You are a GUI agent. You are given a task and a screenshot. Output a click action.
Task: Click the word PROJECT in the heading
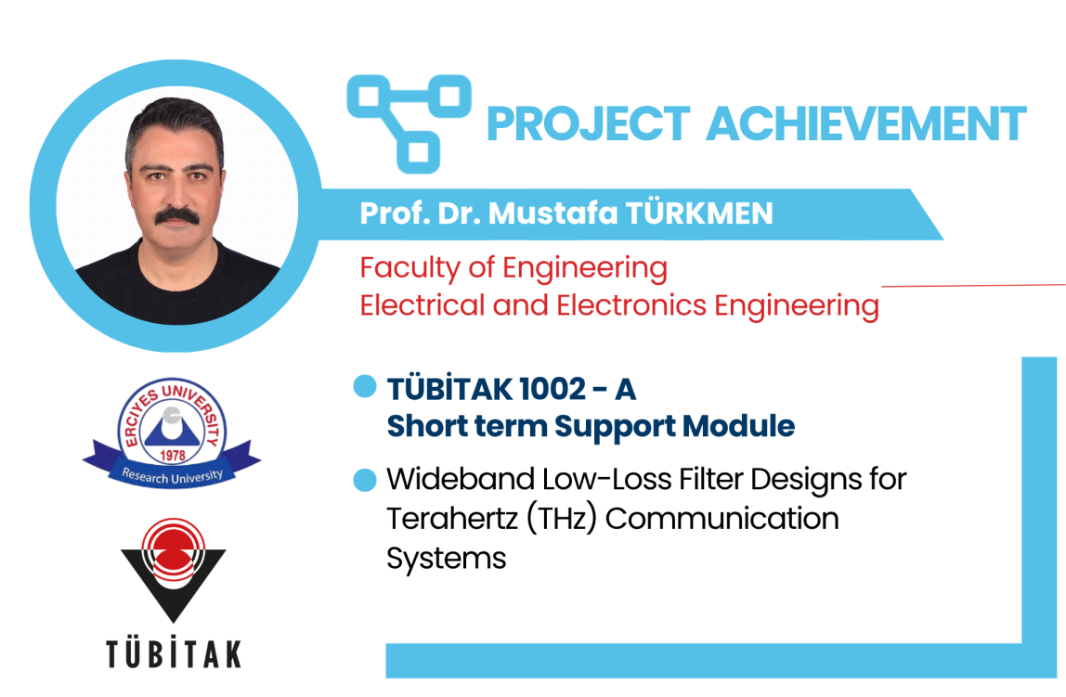[589, 123]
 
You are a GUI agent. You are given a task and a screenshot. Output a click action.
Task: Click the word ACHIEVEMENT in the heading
[866, 123]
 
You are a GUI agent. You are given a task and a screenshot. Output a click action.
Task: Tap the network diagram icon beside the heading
[409, 123]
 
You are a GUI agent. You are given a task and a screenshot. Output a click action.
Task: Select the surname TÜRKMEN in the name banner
[699, 213]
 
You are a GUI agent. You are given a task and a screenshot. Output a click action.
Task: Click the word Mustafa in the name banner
[553, 213]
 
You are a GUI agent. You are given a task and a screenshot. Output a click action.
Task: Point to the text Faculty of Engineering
[513, 268]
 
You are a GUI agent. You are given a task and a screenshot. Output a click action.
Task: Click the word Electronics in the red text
[631, 305]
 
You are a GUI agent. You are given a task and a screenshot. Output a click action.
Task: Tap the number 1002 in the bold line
[552, 389]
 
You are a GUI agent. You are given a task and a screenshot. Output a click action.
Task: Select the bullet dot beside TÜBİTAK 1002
[365, 386]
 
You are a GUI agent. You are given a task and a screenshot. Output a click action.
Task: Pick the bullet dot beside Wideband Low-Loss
[365, 480]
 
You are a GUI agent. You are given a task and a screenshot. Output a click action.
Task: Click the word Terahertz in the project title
[453, 518]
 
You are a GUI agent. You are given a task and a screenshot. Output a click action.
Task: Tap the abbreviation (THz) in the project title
[562, 519]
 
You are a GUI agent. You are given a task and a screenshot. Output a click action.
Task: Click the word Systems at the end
[447, 559]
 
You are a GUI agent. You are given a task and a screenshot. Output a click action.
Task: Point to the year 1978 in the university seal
[173, 455]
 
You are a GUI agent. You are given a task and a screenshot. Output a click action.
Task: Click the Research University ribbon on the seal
[172, 469]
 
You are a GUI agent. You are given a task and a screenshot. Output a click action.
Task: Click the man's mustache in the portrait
[177, 216]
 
